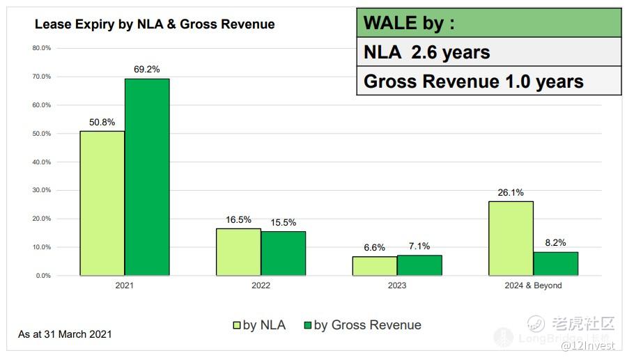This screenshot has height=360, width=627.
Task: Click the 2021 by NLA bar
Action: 102,203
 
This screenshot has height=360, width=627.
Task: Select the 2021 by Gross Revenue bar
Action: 147,177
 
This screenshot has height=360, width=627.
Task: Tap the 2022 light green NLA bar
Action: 238,252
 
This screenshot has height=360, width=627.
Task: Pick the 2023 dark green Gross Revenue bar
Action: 419,265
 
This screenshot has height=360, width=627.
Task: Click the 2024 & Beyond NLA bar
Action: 511,238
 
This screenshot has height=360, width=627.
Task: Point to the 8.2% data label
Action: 555,243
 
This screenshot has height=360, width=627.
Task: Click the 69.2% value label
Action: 147,70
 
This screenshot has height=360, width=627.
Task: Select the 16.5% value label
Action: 238,219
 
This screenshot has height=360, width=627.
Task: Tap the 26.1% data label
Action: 511,193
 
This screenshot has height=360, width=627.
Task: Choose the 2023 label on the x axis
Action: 396,285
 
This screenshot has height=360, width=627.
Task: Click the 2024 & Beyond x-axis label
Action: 534,285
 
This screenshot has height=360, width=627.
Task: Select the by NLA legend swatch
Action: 236,325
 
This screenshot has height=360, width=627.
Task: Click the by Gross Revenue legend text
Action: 367,325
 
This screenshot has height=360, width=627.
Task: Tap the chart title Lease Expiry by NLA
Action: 155,24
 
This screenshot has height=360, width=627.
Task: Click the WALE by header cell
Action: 488,23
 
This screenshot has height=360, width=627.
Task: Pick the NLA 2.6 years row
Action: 488,52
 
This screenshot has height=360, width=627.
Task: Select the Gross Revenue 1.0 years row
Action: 488,81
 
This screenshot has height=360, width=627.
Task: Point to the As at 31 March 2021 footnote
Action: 65,334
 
